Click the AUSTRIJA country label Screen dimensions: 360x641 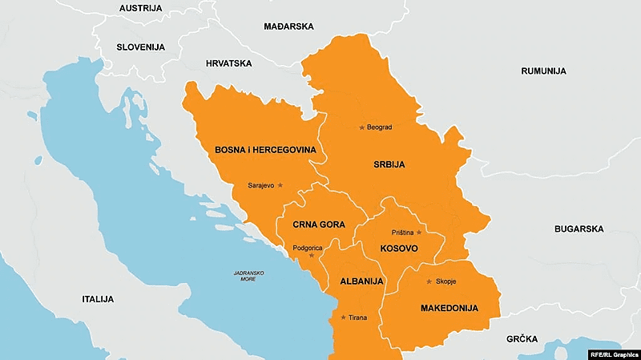point(140,8)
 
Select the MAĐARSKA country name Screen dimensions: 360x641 point(288,26)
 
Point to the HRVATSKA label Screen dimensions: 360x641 point(228,63)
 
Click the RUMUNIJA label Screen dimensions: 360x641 point(543,71)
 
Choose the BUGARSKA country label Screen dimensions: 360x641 point(579,229)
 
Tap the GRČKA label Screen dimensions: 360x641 point(522,339)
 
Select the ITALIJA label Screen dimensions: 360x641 point(97,299)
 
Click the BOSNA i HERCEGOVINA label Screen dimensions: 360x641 point(265,150)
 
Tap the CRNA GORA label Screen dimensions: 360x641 point(319,224)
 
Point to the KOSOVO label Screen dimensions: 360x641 point(397,249)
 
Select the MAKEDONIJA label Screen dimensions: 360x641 point(449,308)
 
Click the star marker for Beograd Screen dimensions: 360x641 point(361,127)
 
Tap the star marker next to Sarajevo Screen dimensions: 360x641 point(280,185)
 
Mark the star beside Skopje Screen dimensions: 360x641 point(429,281)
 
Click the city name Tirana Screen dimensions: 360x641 point(358,318)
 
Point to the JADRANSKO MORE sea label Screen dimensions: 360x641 point(248,277)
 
